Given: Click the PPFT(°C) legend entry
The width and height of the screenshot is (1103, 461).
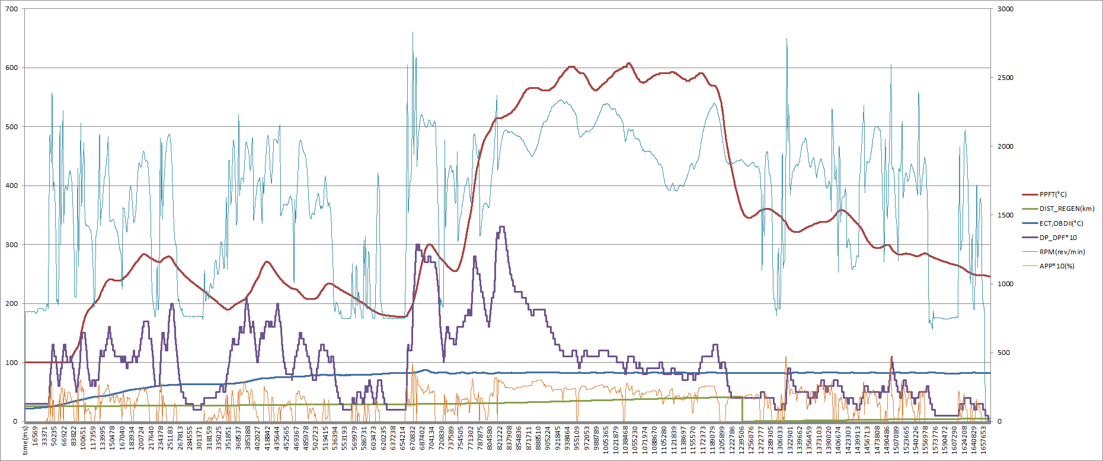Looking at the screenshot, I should coord(1053,194).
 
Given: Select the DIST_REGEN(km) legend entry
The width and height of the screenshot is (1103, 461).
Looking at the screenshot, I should coord(1066,209).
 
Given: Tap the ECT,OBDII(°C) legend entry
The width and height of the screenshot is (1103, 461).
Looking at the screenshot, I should coord(1061,223).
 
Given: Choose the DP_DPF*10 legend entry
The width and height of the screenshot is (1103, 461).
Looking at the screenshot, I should coord(1058,238).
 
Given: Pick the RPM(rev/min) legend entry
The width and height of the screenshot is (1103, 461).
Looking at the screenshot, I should coord(1062,252).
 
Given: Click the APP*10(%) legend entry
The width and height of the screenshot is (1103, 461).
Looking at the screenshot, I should coord(1056,266).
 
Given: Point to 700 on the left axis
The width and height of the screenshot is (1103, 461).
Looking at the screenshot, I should coord(12,9).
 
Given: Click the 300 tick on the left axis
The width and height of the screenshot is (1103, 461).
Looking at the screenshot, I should coord(12,245).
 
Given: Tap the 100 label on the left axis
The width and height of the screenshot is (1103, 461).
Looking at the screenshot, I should coord(12,363).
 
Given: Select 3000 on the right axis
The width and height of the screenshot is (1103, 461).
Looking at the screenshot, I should coord(1005,9).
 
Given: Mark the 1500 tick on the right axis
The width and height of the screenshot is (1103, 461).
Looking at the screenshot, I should coord(1005,215).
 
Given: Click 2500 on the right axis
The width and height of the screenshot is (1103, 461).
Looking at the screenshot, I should coord(1005,78).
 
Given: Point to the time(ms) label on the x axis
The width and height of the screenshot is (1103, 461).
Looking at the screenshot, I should coord(25,440).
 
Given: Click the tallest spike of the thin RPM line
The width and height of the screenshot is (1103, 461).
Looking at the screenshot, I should coord(413,33).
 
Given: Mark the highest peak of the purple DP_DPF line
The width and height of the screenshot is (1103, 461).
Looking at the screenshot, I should coord(502,227).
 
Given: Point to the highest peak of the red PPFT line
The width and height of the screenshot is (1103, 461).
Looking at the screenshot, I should coord(629,63).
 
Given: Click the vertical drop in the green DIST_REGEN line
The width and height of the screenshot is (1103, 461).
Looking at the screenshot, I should coord(743,409).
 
